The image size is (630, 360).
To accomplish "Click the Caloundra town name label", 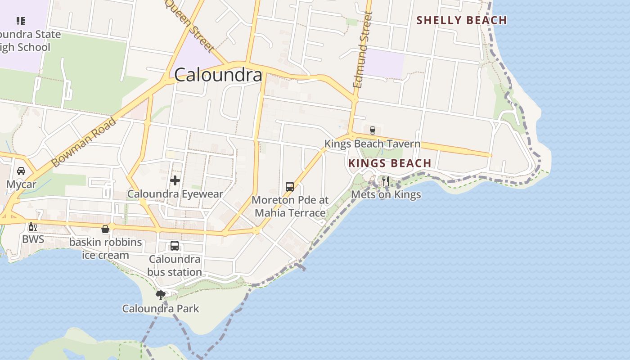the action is tap(218, 75).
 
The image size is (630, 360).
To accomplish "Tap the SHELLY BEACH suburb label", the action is tap(462, 20).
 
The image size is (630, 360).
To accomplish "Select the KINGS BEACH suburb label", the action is tap(390, 163).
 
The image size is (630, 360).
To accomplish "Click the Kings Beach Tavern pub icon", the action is tap(372, 130).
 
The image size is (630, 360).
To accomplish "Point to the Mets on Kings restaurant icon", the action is tap(386, 181).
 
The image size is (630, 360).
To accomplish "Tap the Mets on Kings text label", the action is tap(386, 194).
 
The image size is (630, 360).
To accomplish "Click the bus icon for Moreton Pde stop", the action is tap(290, 186).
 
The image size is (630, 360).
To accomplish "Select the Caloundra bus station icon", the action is tap(175, 246).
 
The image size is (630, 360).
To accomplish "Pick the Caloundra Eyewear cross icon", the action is tap(175, 180).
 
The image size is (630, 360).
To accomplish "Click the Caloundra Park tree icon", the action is tap(160, 295).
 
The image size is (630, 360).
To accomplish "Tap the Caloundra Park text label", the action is tap(161, 309).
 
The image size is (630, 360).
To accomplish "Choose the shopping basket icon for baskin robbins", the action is tap(105, 229).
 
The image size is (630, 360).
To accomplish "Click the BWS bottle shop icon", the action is tap(33, 226).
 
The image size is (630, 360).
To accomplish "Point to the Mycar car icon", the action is tap(21, 171).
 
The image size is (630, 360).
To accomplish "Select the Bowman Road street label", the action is tap(84, 142).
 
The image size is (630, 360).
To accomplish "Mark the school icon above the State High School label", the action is tap(21, 21).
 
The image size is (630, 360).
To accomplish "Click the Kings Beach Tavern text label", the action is tap(372, 144).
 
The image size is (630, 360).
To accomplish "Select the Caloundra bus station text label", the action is tap(175, 265).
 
